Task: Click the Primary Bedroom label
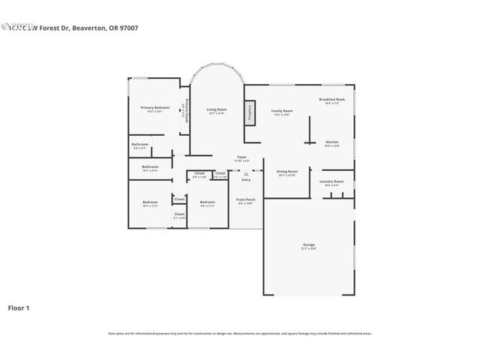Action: click(156, 108)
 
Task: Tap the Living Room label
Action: click(217, 110)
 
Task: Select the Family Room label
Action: click(282, 111)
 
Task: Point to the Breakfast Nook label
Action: click(331, 100)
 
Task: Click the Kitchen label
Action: click(331, 142)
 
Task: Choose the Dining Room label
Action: click(287, 171)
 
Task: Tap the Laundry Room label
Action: click(331, 181)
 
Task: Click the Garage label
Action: click(308, 245)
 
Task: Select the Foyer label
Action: click(241, 157)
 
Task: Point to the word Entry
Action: click(246, 180)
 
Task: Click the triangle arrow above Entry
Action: click(246, 173)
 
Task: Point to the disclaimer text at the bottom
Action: click(240, 333)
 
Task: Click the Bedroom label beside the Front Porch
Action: click(207, 202)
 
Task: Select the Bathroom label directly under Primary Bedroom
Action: click(140, 144)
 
